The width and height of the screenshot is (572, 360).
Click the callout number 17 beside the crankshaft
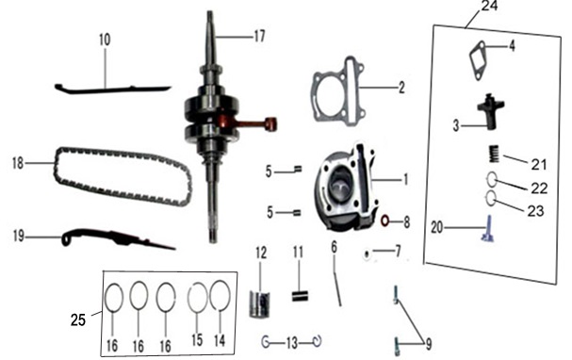pyautogui.click(x=259, y=36)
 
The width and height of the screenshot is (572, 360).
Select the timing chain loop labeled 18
pyautogui.click(x=123, y=176)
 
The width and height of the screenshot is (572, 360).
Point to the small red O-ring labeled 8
pyautogui.click(x=385, y=221)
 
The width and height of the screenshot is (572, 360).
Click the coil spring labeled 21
pyautogui.click(x=494, y=154)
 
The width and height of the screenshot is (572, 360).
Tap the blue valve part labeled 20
pyautogui.click(x=487, y=229)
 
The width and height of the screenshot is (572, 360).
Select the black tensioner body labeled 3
pyautogui.click(x=491, y=111)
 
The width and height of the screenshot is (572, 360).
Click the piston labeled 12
pyautogui.click(x=260, y=304)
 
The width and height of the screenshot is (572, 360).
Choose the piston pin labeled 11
pyautogui.click(x=300, y=295)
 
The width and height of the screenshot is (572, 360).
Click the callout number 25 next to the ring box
pyautogui.click(x=78, y=319)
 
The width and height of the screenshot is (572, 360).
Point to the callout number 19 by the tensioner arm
pyautogui.click(x=19, y=236)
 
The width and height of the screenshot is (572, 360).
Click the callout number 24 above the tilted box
pyautogui.click(x=489, y=6)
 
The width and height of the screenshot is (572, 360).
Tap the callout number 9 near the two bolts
pyautogui.click(x=429, y=344)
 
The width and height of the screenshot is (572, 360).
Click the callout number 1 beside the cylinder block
pyautogui.click(x=405, y=179)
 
